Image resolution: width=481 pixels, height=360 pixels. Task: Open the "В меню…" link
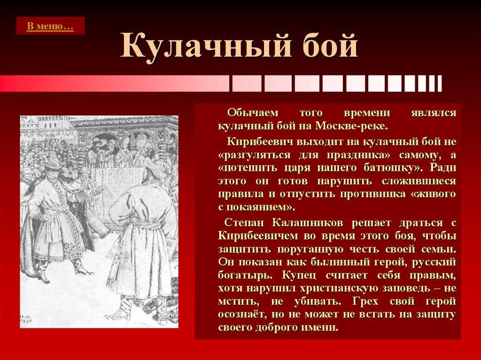[50, 26]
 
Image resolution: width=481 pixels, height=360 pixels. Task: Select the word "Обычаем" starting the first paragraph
[252, 113]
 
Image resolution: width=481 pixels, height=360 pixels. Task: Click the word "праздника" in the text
[358, 155]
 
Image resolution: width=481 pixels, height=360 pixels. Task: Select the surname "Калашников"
[307, 222]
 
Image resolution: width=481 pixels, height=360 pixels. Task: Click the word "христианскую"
[341, 288]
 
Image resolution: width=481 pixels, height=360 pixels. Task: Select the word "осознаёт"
[243, 314]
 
